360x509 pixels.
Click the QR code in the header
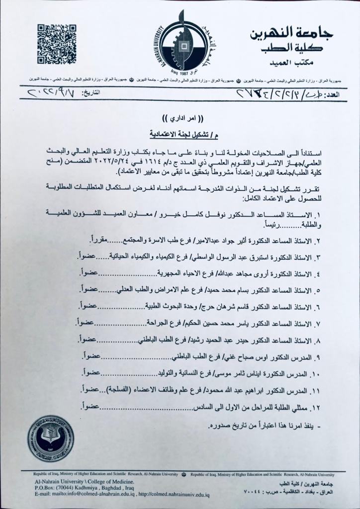tap(57, 44)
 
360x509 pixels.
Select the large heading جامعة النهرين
tap(293, 33)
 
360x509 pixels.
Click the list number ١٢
tap(316, 408)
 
